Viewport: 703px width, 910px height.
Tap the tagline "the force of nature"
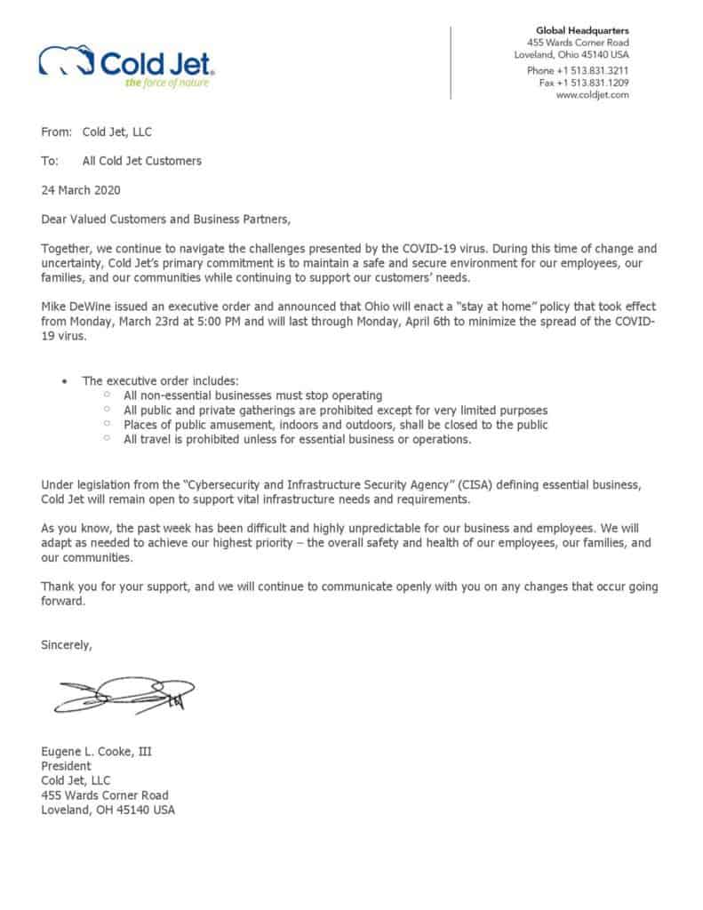[168, 84]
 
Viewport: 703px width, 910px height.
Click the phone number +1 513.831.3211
[593, 70]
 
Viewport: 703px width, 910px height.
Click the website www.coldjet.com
[593, 95]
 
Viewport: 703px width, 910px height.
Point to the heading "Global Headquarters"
[582, 31]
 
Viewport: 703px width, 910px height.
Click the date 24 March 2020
[81, 189]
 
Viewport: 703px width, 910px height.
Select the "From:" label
[56, 132]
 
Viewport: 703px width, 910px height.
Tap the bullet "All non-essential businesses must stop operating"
[253, 395]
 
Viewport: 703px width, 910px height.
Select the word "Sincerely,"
[67, 644]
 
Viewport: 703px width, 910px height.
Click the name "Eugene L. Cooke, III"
[97, 751]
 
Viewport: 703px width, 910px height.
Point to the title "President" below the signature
[67, 765]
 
